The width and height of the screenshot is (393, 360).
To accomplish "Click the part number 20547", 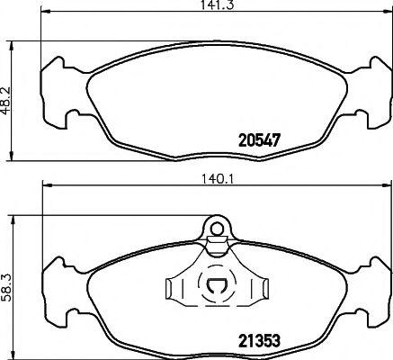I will [258, 140].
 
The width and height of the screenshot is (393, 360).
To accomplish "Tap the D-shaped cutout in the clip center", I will [217, 290].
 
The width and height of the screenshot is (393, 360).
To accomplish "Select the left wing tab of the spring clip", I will [174, 288].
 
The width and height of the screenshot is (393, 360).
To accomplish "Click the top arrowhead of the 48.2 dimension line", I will [16, 41].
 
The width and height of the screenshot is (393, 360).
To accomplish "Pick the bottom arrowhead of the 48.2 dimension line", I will [16, 155].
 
